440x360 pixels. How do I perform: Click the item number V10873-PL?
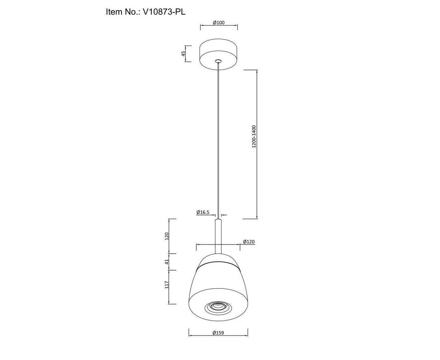(164, 12)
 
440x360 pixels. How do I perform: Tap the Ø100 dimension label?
(219, 23)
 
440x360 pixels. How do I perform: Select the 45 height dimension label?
(183, 54)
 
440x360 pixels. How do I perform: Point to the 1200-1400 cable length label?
(254, 137)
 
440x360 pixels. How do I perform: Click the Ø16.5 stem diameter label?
(203, 212)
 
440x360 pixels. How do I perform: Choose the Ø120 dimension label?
(249, 242)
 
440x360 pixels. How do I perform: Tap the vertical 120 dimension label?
(167, 236)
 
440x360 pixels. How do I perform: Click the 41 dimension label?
(167, 262)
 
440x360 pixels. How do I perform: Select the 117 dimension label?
(167, 285)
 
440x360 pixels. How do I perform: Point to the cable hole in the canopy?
(218, 61)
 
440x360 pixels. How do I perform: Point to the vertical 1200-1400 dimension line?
(257, 144)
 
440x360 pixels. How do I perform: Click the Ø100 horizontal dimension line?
(219, 25)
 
